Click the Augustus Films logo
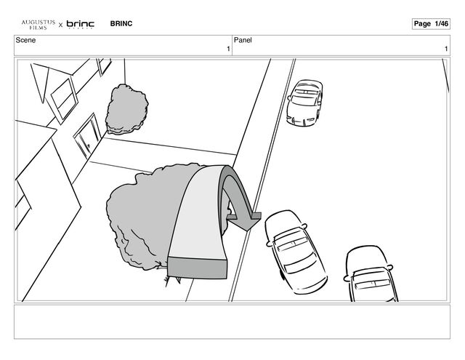coord(39,25)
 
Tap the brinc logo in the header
coord(81,24)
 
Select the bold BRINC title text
coord(121,23)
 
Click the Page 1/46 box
coord(431,24)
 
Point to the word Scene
coord(25,40)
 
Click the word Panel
coord(243,40)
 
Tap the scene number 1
coord(228,49)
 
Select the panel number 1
coord(446,49)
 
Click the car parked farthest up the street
coord(304,103)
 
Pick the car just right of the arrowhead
coord(296,252)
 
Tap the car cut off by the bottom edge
coord(371,273)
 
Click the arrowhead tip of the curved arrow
coord(248,230)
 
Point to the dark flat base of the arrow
coord(197,268)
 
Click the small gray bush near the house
coord(127,109)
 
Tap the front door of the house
coord(87,135)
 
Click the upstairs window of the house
coord(63,100)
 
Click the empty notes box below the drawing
coord(232,321)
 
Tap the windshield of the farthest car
coord(304,100)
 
